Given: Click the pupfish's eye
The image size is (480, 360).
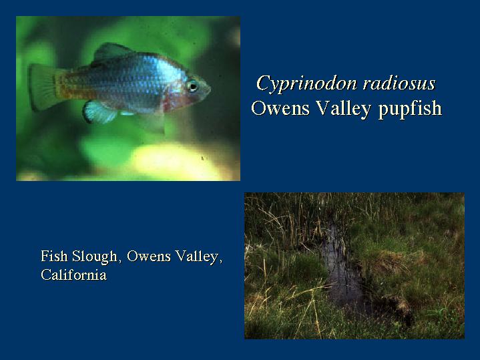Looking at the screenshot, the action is click(x=192, y=85).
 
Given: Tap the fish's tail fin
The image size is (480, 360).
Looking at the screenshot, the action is click(x=43, y=87).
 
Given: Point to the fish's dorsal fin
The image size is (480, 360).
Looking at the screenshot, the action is click(x=110, y=52).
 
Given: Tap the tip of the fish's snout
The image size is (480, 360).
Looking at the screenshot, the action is click(x=210, y=89).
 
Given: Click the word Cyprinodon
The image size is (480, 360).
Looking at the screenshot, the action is click(x=306, y=83).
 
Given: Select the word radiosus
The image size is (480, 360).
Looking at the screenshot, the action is click(x=399, y=83).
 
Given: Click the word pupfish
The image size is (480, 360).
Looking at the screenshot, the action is click(x=410, y=109).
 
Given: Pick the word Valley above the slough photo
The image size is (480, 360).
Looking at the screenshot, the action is click(x=343, y=109).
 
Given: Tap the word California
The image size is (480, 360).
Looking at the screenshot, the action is click(x=74, y=275).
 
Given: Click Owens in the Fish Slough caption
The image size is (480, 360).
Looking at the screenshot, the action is click(x=149, y=256).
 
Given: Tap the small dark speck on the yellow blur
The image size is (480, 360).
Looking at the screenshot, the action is click(x=202, y=158).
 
